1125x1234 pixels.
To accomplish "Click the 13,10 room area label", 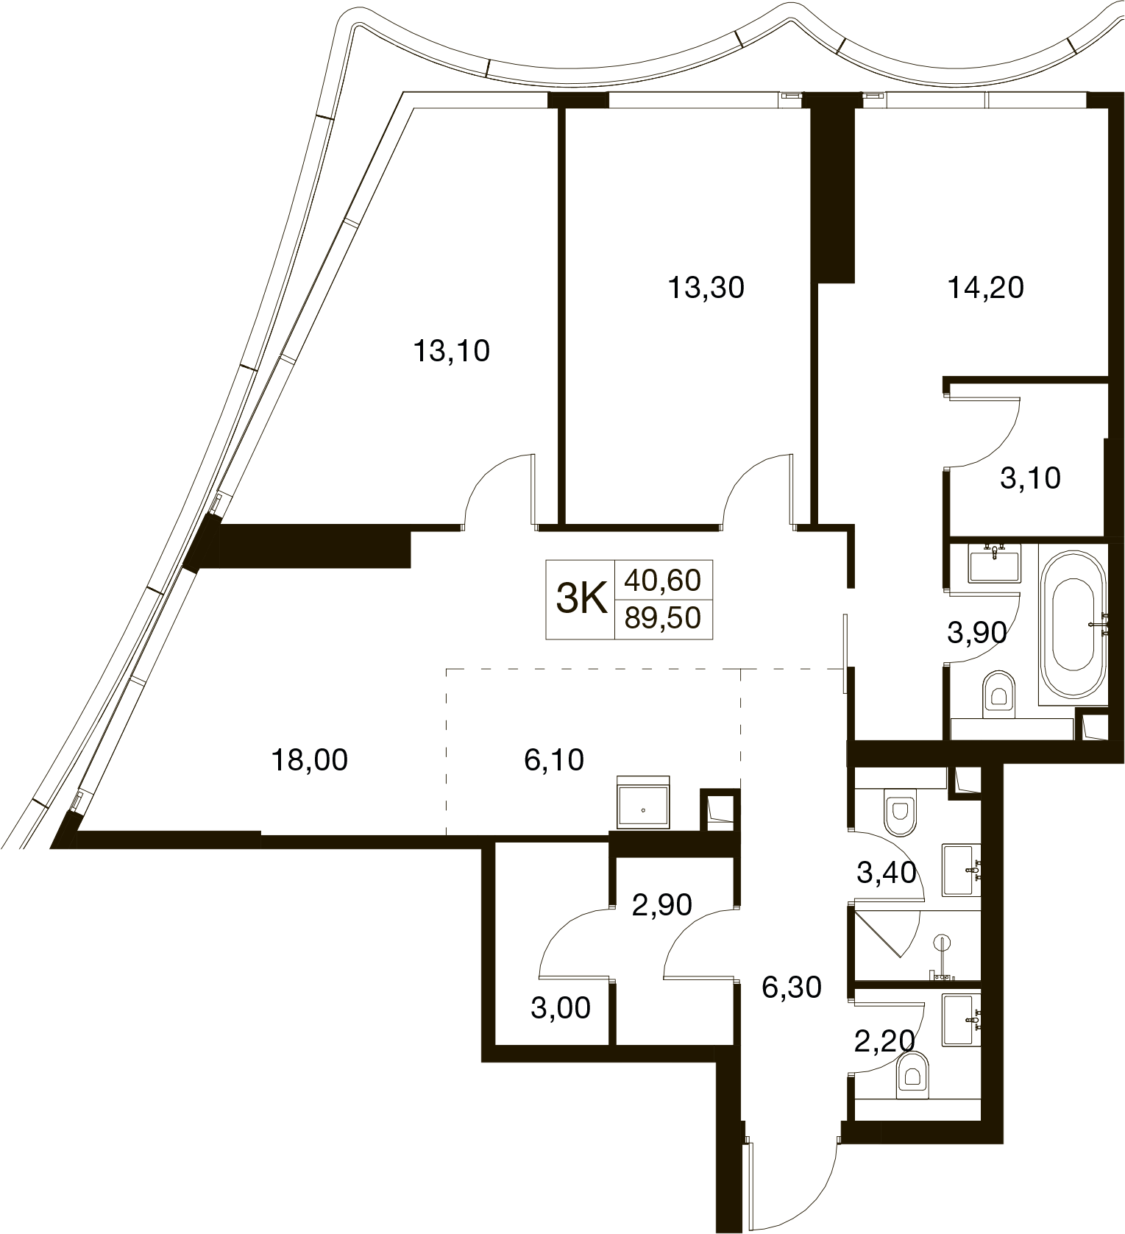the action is (451, 352).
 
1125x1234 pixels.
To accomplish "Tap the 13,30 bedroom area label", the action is (706, 288).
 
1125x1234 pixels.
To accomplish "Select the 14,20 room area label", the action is (985, 288).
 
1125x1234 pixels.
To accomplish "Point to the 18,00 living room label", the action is (309, 759).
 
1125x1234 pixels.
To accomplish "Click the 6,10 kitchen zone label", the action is (554, 759).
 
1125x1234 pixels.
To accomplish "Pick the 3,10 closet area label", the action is (1030, 478).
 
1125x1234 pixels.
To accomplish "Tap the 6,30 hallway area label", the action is (792, 987).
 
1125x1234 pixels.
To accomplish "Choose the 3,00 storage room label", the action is (561, 1007).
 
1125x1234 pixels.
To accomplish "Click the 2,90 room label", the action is (662, 904).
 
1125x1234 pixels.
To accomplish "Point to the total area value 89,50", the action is (663, 618).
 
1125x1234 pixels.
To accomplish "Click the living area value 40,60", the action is (663, 581).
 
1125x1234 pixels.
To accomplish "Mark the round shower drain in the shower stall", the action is (941, 943).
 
